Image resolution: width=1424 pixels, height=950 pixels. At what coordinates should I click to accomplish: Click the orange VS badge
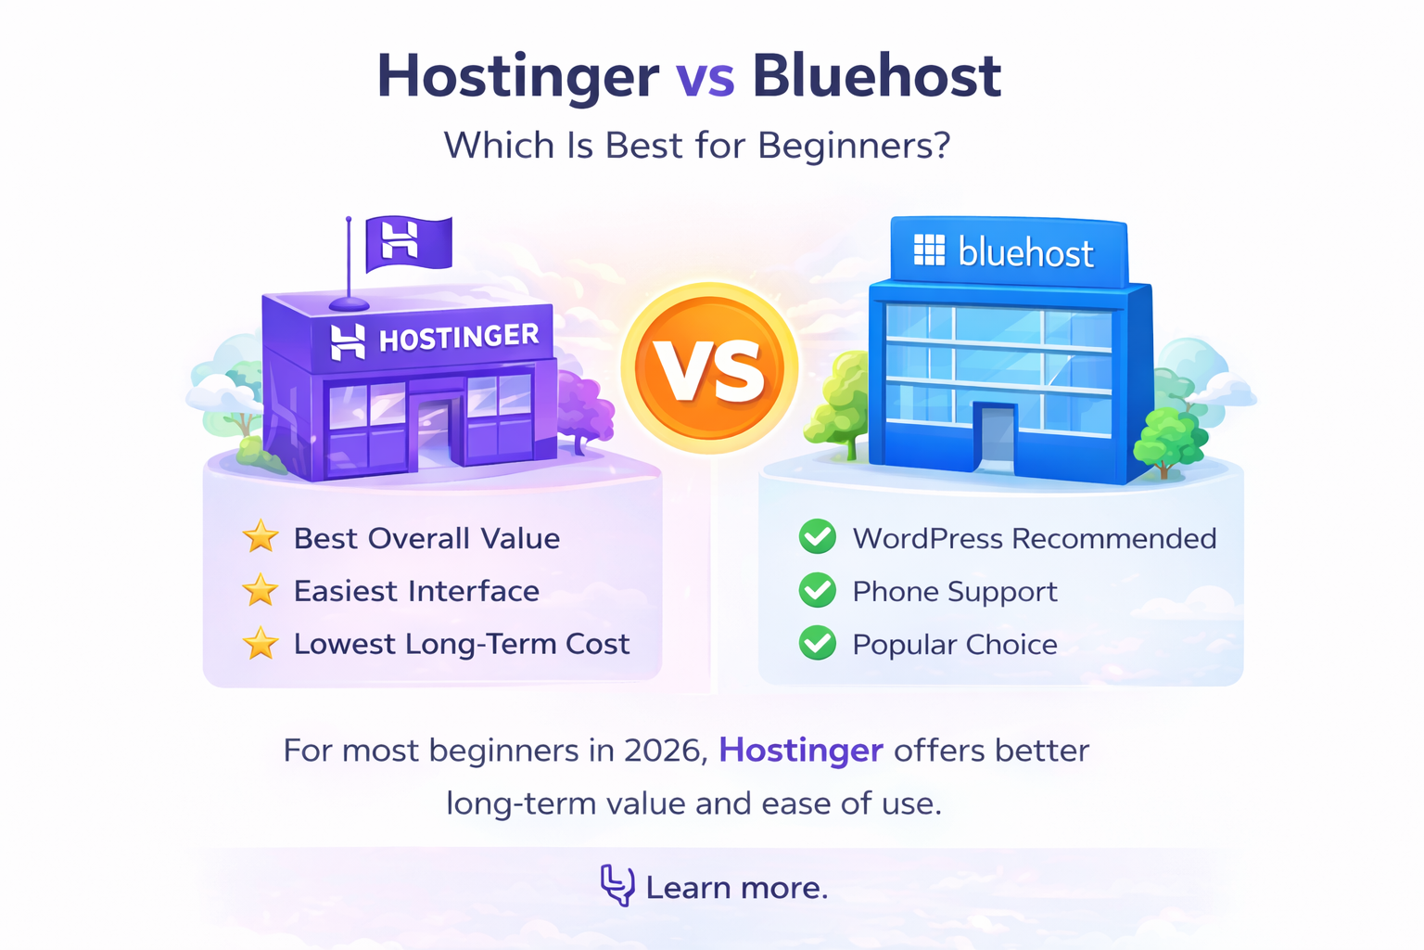pos(709,368)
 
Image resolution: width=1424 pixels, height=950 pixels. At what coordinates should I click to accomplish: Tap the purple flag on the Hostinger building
pos(408,243)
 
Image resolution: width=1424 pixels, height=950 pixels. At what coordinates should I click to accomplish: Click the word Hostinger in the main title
pos(517,76)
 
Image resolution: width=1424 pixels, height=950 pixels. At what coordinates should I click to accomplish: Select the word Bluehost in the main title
pos(876,76)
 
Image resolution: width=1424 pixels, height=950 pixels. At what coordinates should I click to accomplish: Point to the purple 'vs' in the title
pos(705,78)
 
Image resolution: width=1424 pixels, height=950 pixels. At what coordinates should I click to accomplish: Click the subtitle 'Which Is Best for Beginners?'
pos(697,146)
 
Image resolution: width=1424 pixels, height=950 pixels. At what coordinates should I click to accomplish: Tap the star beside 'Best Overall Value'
pos(261,537)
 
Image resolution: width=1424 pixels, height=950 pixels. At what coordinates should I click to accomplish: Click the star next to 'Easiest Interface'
pos(261,590)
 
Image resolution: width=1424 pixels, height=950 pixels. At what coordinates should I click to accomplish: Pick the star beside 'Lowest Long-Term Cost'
pos(261,643)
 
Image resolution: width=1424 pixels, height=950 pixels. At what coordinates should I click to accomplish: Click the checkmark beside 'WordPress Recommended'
pos(818,537)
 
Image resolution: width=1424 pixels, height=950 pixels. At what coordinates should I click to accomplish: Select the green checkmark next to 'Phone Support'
pos(818,590)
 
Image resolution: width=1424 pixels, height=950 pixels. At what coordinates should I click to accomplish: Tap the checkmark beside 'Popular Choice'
pos(818,643)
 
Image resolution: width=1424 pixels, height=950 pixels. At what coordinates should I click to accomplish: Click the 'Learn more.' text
pos(736,888)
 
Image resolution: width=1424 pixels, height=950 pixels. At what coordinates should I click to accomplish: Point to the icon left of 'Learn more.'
pos(617,885)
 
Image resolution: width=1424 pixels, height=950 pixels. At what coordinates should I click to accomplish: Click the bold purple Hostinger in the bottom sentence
pos(801,750)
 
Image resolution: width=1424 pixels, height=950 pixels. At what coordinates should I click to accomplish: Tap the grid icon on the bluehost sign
pos(929,250)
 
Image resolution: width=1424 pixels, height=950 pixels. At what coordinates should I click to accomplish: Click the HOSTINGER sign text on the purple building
pos(459,338)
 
